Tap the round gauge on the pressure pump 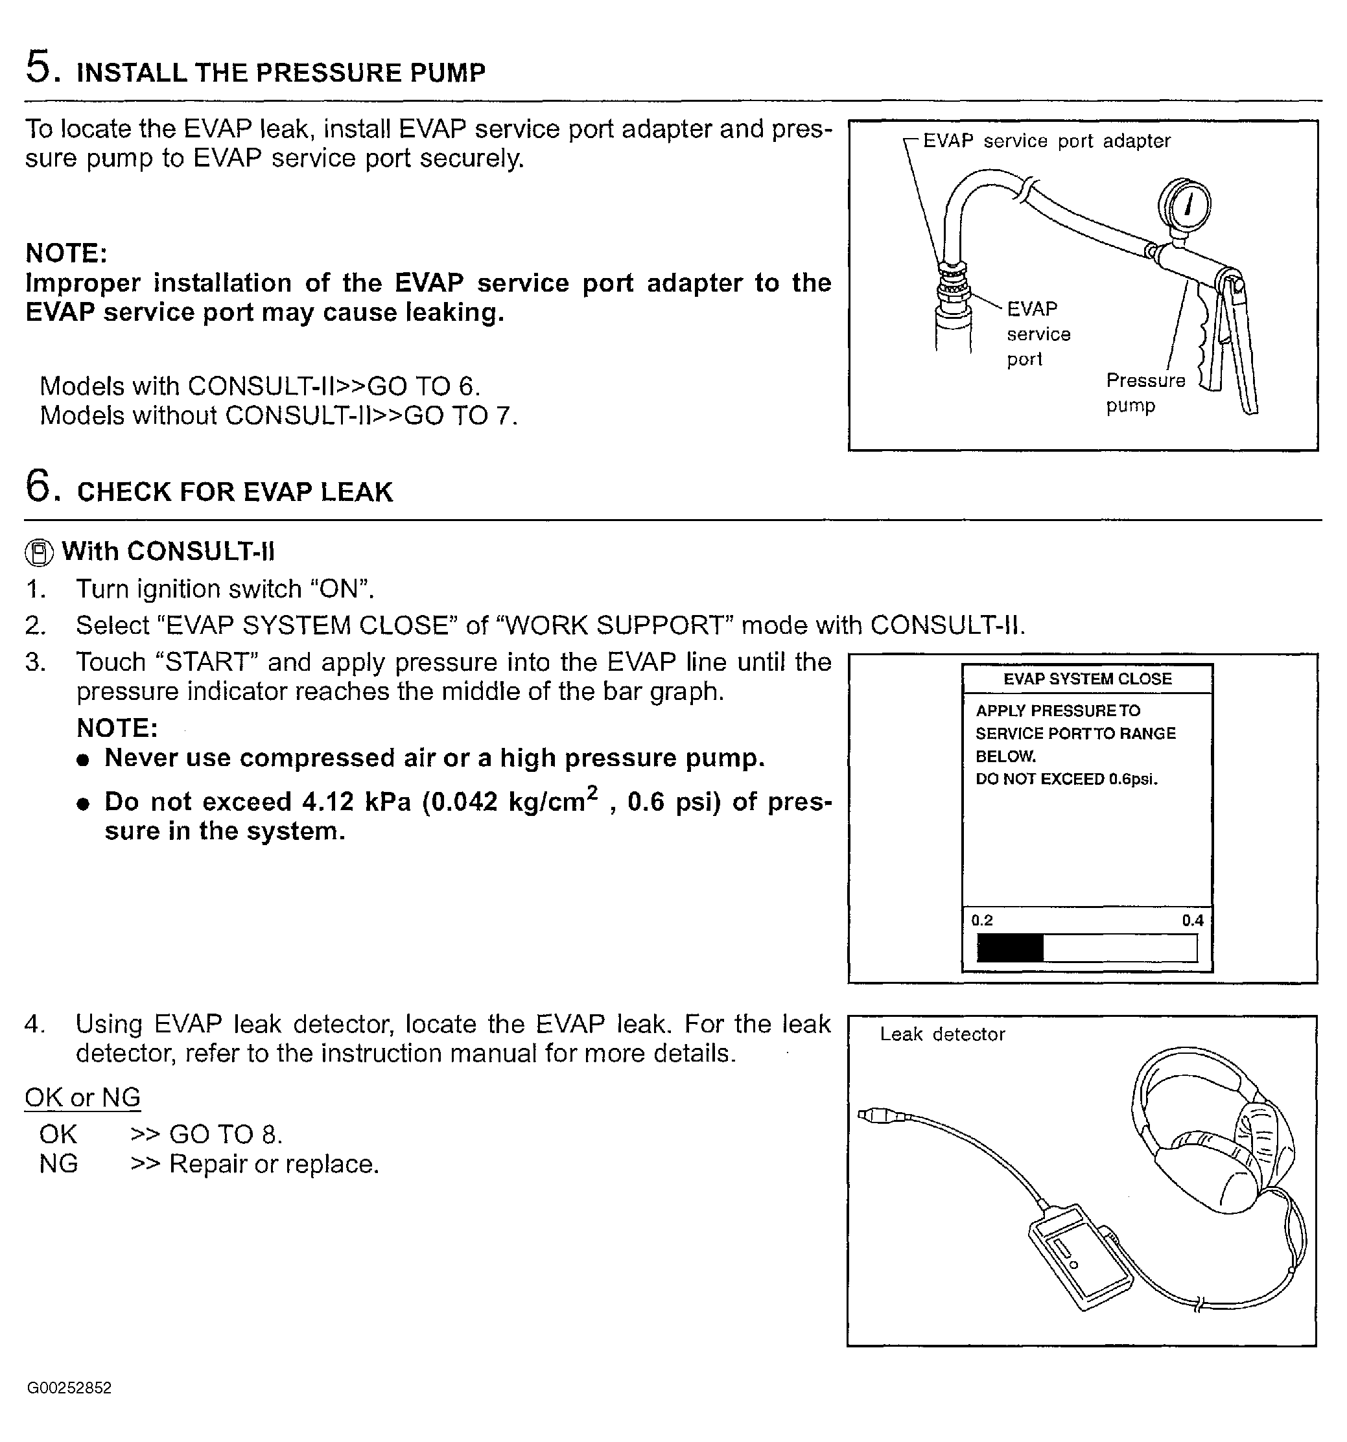coord(1184,205)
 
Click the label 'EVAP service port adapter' coord(1046,141)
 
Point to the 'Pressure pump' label coord(1145,392)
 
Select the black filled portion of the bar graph coord(1010,948)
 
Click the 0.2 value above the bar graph coord(981,920)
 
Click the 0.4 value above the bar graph coord(1193,920)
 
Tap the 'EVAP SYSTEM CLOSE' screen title coord(1086,679)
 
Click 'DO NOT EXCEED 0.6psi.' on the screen coord(1066,779)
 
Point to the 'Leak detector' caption coord(943,1034)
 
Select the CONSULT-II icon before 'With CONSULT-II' coord(39,553)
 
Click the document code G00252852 coord(69,1388)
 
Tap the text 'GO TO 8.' coord(226,1134)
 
